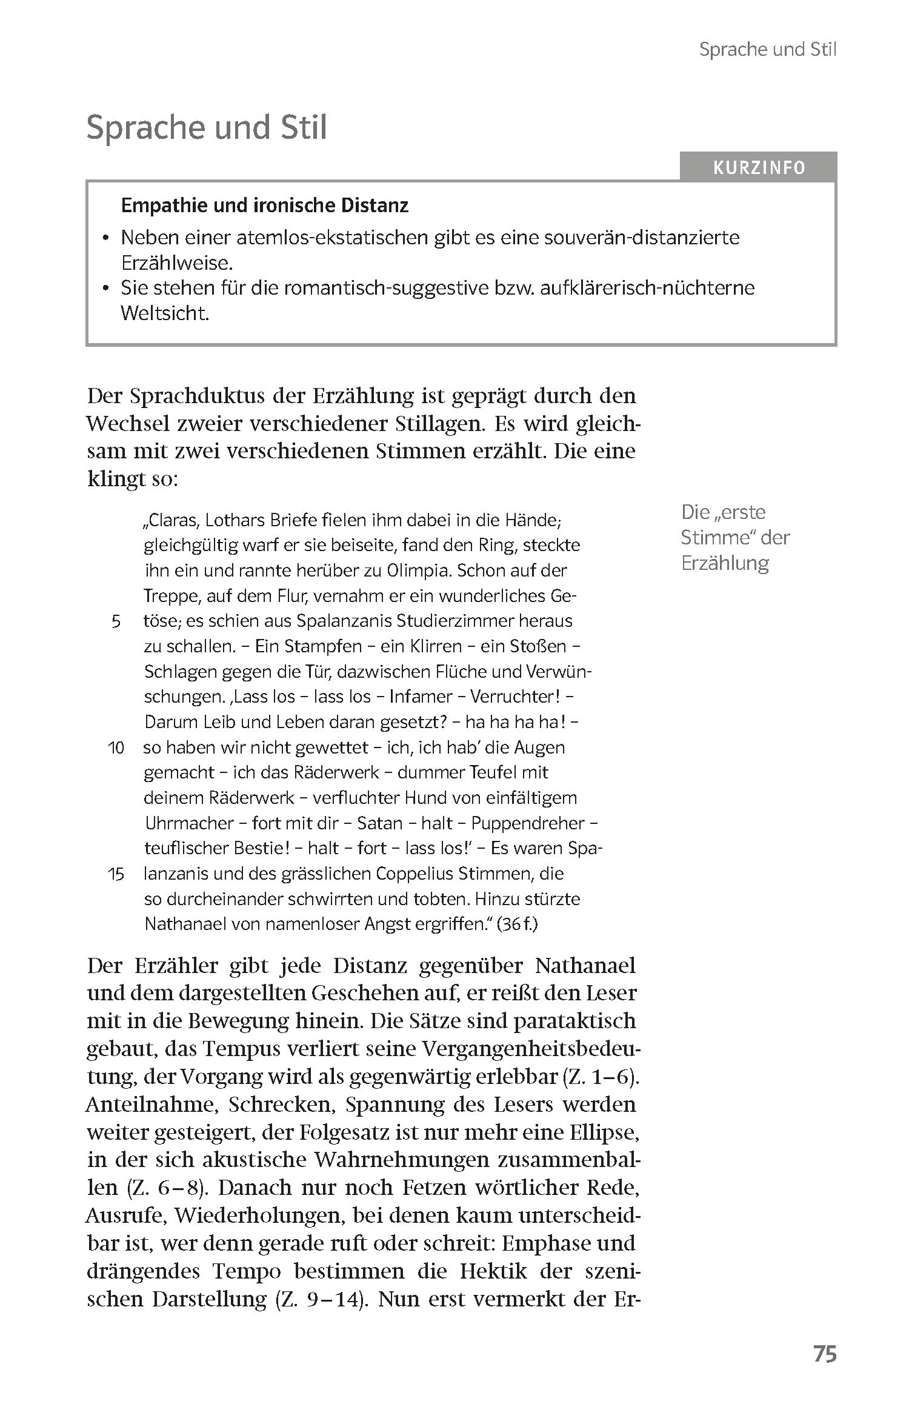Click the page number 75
coord(824,1354)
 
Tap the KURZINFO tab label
coord(759,168)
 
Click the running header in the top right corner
coord(767,50)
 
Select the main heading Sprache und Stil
coord(207,128)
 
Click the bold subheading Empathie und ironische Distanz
coord(265,206)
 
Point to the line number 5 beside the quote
coord(116,621)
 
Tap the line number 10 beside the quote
coord(116,748)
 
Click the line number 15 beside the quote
coord(116,874)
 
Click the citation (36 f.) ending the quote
coord(516,924)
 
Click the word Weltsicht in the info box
coord(165,313)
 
